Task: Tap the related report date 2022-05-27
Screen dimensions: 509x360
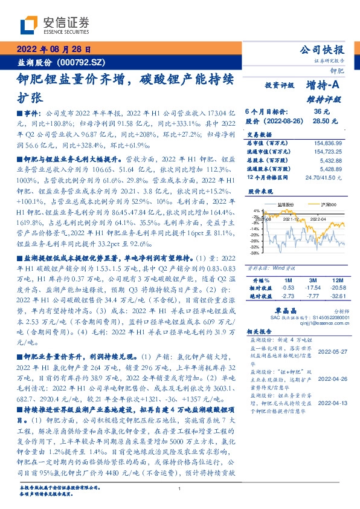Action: click(332, 351)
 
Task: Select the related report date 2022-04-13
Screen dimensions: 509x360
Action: click(332, 401)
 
